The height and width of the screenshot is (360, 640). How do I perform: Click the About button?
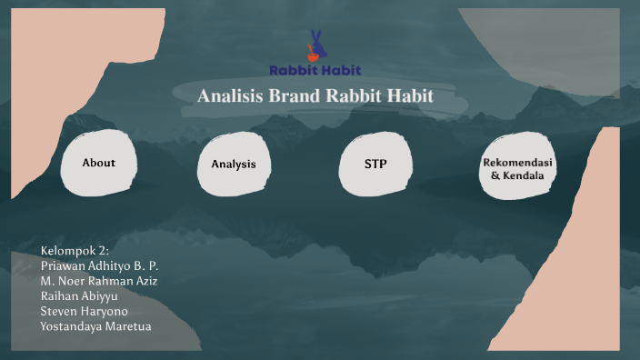click(98, 163)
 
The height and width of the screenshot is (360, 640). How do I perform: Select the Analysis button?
click(234, 165)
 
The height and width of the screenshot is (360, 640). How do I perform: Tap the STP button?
click(375, 164)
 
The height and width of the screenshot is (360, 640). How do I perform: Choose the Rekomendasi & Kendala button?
click(517, 167)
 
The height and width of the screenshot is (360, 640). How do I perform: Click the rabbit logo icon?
click(315, 46)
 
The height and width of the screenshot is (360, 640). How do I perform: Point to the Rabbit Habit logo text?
click(315, 70)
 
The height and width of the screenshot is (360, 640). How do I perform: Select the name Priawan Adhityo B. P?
click(100, 265)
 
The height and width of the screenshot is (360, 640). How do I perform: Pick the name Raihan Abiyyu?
click(79, 295)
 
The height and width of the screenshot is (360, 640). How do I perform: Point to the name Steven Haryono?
click(83, 311)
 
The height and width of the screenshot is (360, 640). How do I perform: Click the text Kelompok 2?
click(75, 251)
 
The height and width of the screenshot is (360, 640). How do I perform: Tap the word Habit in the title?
click(409, 96)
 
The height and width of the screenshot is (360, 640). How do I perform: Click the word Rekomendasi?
click(517, 161)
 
